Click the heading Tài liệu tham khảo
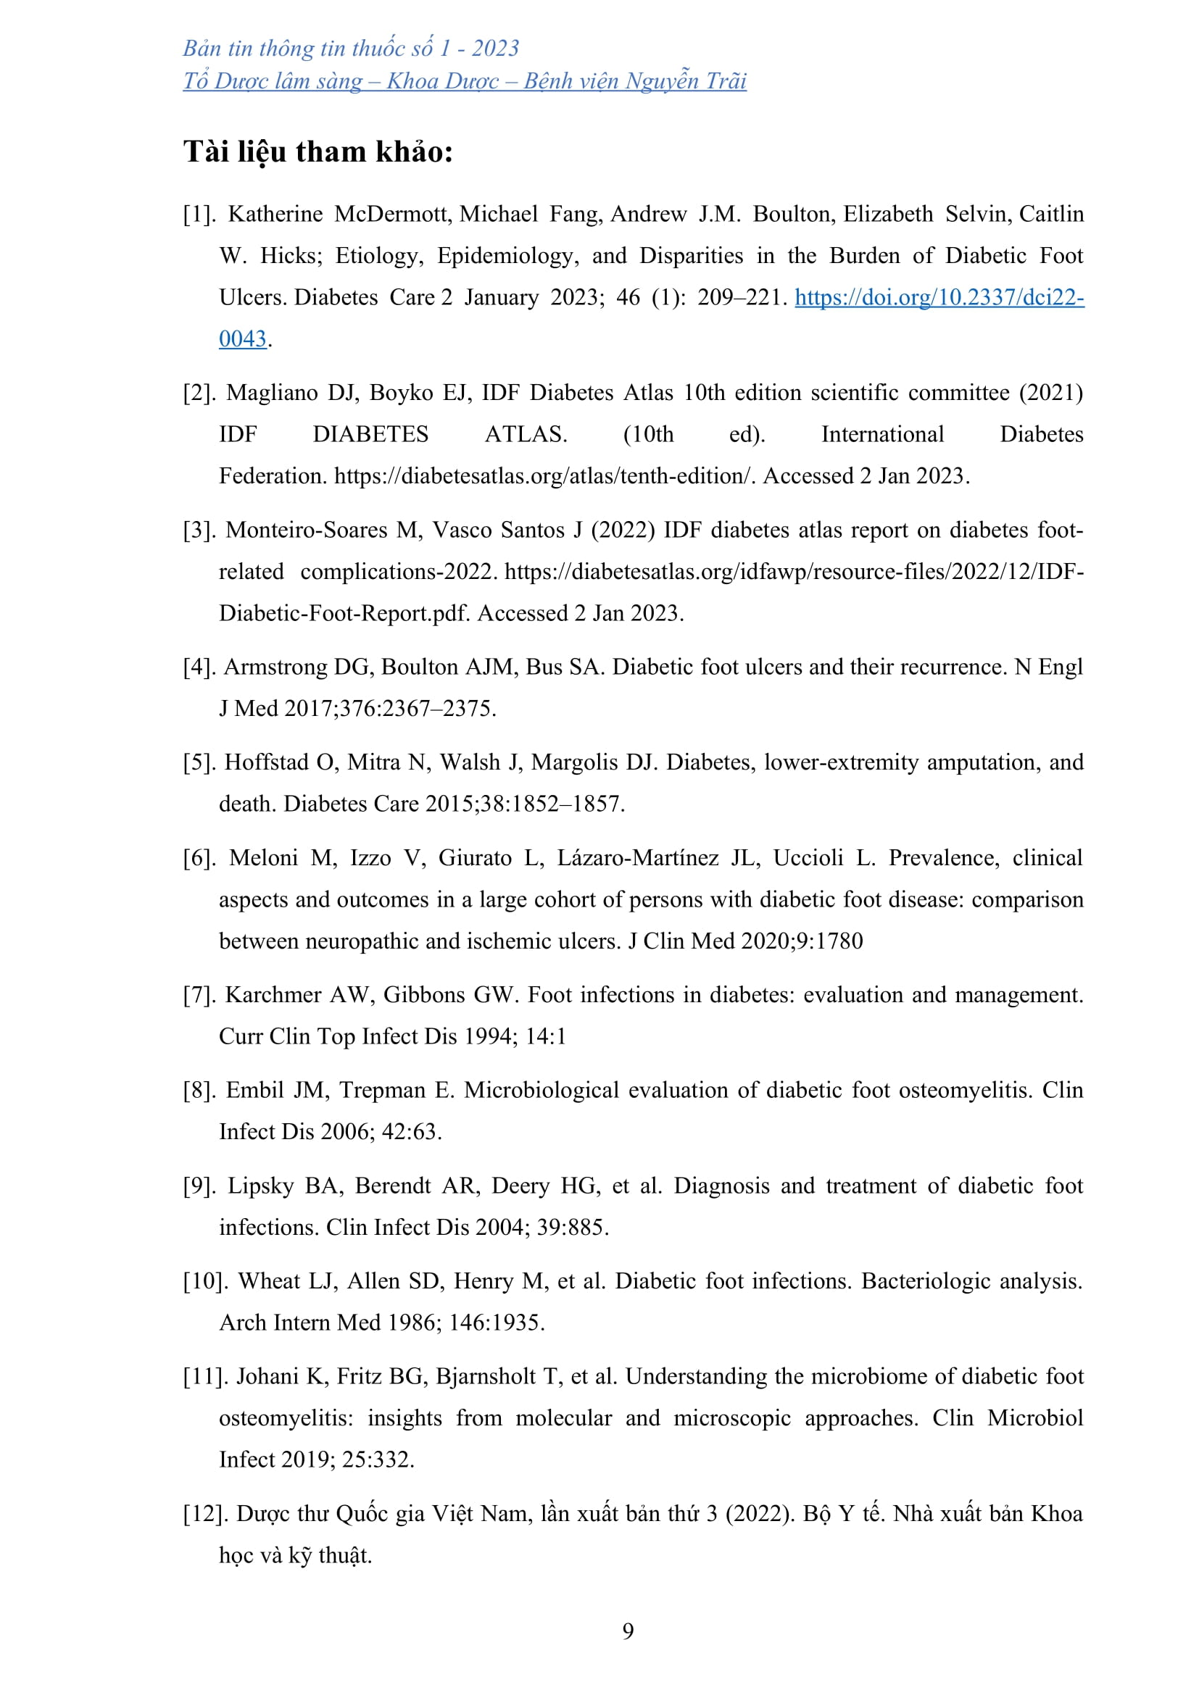[318, 152]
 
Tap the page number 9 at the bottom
[628, 1631]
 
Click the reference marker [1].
[199, 214]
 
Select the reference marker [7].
[199, 995]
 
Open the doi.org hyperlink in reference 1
[938, 298]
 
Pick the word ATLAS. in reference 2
[526, 434]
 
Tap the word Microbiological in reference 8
[542, 1091]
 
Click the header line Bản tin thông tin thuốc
[351, 49]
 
